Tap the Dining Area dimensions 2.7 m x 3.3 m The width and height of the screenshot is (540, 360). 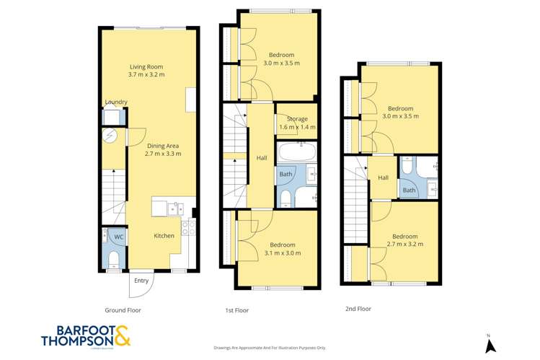tap(153, 153)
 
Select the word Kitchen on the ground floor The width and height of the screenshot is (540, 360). tap(164, 236)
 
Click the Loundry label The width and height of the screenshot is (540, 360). tap(115, 102)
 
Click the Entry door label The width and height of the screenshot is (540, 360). tap(141, 281)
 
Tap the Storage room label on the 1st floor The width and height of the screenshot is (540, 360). tap(297, 119)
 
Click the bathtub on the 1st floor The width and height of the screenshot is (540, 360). tap(296, 153)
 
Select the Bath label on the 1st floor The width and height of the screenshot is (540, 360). tap(286, 174)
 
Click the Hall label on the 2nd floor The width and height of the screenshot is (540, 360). tap(384, 177)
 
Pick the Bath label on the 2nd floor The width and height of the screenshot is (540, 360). tap(409, 190)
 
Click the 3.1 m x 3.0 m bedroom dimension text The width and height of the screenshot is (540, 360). tap(282, 253)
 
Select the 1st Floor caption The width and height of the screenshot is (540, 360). tap(238, 310)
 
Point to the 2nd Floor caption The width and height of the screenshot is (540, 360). tap(359, 307)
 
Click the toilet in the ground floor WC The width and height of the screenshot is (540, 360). tap(113, 258)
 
